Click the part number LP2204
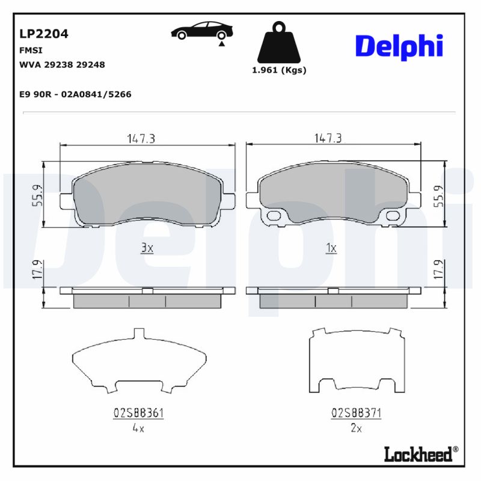pyautogui.click(x=44, y=34)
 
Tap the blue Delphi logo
pyautogui.click(x=399, y=46)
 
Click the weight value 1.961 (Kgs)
pyautogui.click(x=278, y=70)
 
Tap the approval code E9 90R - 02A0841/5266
pyautogui.click(x=76, y=94)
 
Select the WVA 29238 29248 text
pyautogui.click(x=63, y=64)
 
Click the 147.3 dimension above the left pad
pyautogui.click(x=141, y=138)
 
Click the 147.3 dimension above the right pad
pyautogui.click(x=328, y=138)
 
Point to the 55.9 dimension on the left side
pyautogui.click(x=37, y=195)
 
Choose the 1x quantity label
pyautogui.click(x=331, y=248)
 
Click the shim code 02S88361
pyautogui.click(x=139, y=413)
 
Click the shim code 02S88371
pyautogui.click(x=356, y=413)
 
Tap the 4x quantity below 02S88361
pyautogui.click(x=138, y=429)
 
